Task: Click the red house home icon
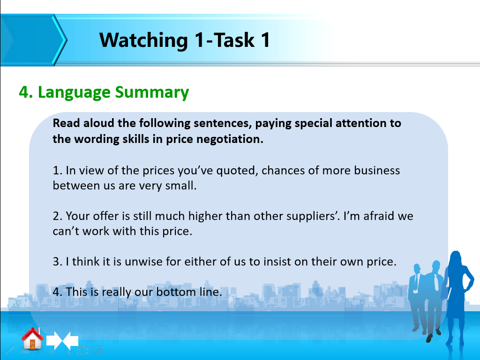[32, 338]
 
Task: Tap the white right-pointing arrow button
[54, 340]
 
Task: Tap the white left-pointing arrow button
[71, 340]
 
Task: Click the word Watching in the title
[143, 40]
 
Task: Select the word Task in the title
[234, 40]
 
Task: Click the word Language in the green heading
[74, 92]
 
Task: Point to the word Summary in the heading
[152, 92]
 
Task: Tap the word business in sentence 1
[377, 170]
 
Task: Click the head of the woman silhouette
[456, 259]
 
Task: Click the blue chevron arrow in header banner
[33, 40]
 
